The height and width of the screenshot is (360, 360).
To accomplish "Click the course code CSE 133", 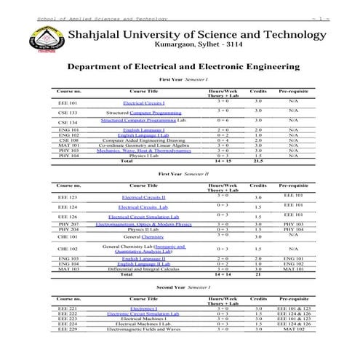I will click(68, 113).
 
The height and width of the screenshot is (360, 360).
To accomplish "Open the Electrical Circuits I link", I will click(143, 103).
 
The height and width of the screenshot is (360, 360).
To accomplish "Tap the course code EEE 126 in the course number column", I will click(68, 216).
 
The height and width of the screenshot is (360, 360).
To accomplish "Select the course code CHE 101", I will click(68, 236).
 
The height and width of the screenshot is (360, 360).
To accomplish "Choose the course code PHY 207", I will click(68, 225).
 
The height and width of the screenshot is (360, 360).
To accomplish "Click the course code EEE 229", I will click(68, 329).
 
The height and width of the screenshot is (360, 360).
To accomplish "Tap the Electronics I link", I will click(143, 308).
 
